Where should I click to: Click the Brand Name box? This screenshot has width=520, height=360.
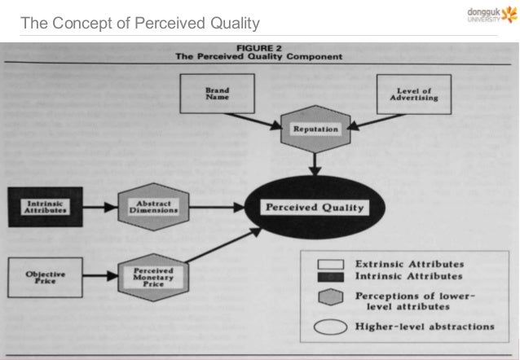click(x=218, y=94)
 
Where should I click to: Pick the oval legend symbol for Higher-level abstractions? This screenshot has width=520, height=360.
click(x=334, y=327)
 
